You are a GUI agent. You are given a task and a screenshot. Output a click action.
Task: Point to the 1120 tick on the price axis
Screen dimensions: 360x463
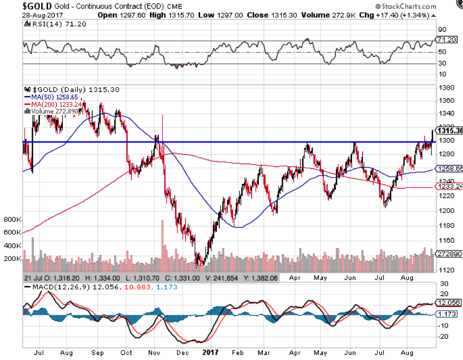point(446,270)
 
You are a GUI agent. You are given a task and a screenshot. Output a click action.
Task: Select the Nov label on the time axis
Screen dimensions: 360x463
point(155,352)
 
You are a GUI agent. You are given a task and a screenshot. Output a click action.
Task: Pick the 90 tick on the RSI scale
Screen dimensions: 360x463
point(443,30)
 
